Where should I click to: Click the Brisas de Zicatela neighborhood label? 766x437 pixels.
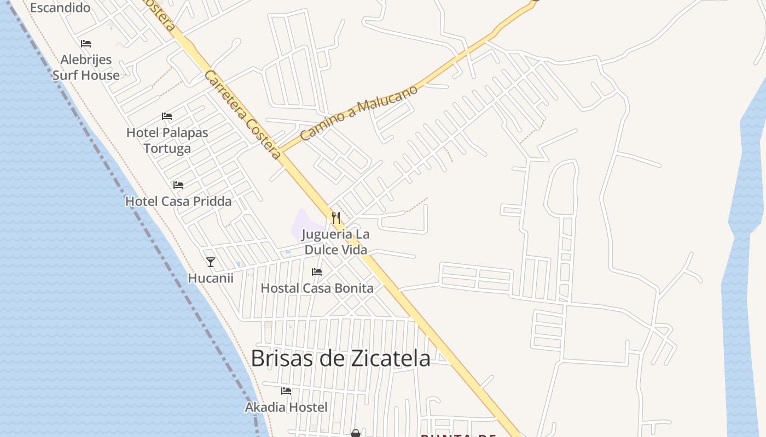(x=340, y=358)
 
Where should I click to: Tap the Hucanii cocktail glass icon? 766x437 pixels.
(x=211, y=262)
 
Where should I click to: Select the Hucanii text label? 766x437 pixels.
(x=211, y=278)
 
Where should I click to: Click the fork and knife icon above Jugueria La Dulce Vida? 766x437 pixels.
(x=336, y=218)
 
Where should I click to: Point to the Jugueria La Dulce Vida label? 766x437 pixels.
(x=336, y=242)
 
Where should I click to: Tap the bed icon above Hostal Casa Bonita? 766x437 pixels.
(x=317, y=271)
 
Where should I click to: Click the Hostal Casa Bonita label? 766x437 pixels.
(x=317, y=288)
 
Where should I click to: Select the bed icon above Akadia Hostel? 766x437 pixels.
(x=286, y=391)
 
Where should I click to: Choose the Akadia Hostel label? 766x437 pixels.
(x=286, y=407)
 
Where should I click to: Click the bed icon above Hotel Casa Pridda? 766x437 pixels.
(x=178, y=185)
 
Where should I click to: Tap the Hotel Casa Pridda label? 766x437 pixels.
(x=178, y=201)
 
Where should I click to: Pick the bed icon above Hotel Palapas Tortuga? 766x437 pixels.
(x=167, y=116)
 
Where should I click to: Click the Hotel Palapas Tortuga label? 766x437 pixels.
(x=167, y=140)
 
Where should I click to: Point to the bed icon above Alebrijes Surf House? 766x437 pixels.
(x=86, y=44)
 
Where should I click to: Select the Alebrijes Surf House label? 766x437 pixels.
(x=86, y=67)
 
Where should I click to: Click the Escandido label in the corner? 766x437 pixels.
(x=60, y=8)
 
